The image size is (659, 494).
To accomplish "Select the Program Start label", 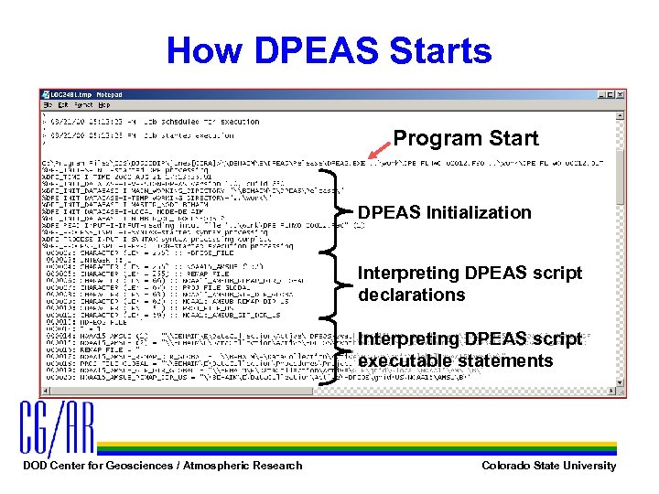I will point(465,139).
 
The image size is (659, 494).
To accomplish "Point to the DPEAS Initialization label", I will point(444,212).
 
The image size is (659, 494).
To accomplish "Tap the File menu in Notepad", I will point(47,104).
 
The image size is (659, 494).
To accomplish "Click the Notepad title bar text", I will point(87,94).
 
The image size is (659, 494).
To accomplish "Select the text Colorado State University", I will point(548,466).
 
